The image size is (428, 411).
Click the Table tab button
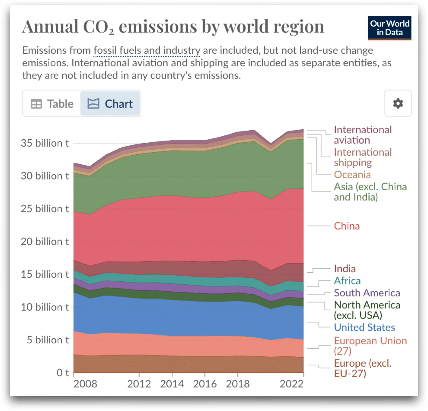[x=52, y=104]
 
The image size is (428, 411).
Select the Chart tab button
[x=110, y=104]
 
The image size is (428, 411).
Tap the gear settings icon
[x=398, y=104]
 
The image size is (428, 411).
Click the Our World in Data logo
[x=389, y=28]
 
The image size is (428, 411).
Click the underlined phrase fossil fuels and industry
[x=147, y=50]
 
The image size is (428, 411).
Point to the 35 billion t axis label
[x=45, y=143]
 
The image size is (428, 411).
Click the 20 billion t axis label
[x=45, y=242]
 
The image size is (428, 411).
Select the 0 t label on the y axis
[x=62, y=373]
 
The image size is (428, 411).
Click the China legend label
[x=347, y=226]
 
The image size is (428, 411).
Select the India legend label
[x=345, y=269]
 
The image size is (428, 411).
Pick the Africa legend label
[x=347, y=281]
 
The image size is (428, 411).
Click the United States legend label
[x=364, y=327]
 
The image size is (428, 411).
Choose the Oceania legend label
[x=352, y=175]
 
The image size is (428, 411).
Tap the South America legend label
[x=367, y=293]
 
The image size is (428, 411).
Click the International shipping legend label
[x=363, y=157]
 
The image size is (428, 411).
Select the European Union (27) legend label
[x=370, y=346]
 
